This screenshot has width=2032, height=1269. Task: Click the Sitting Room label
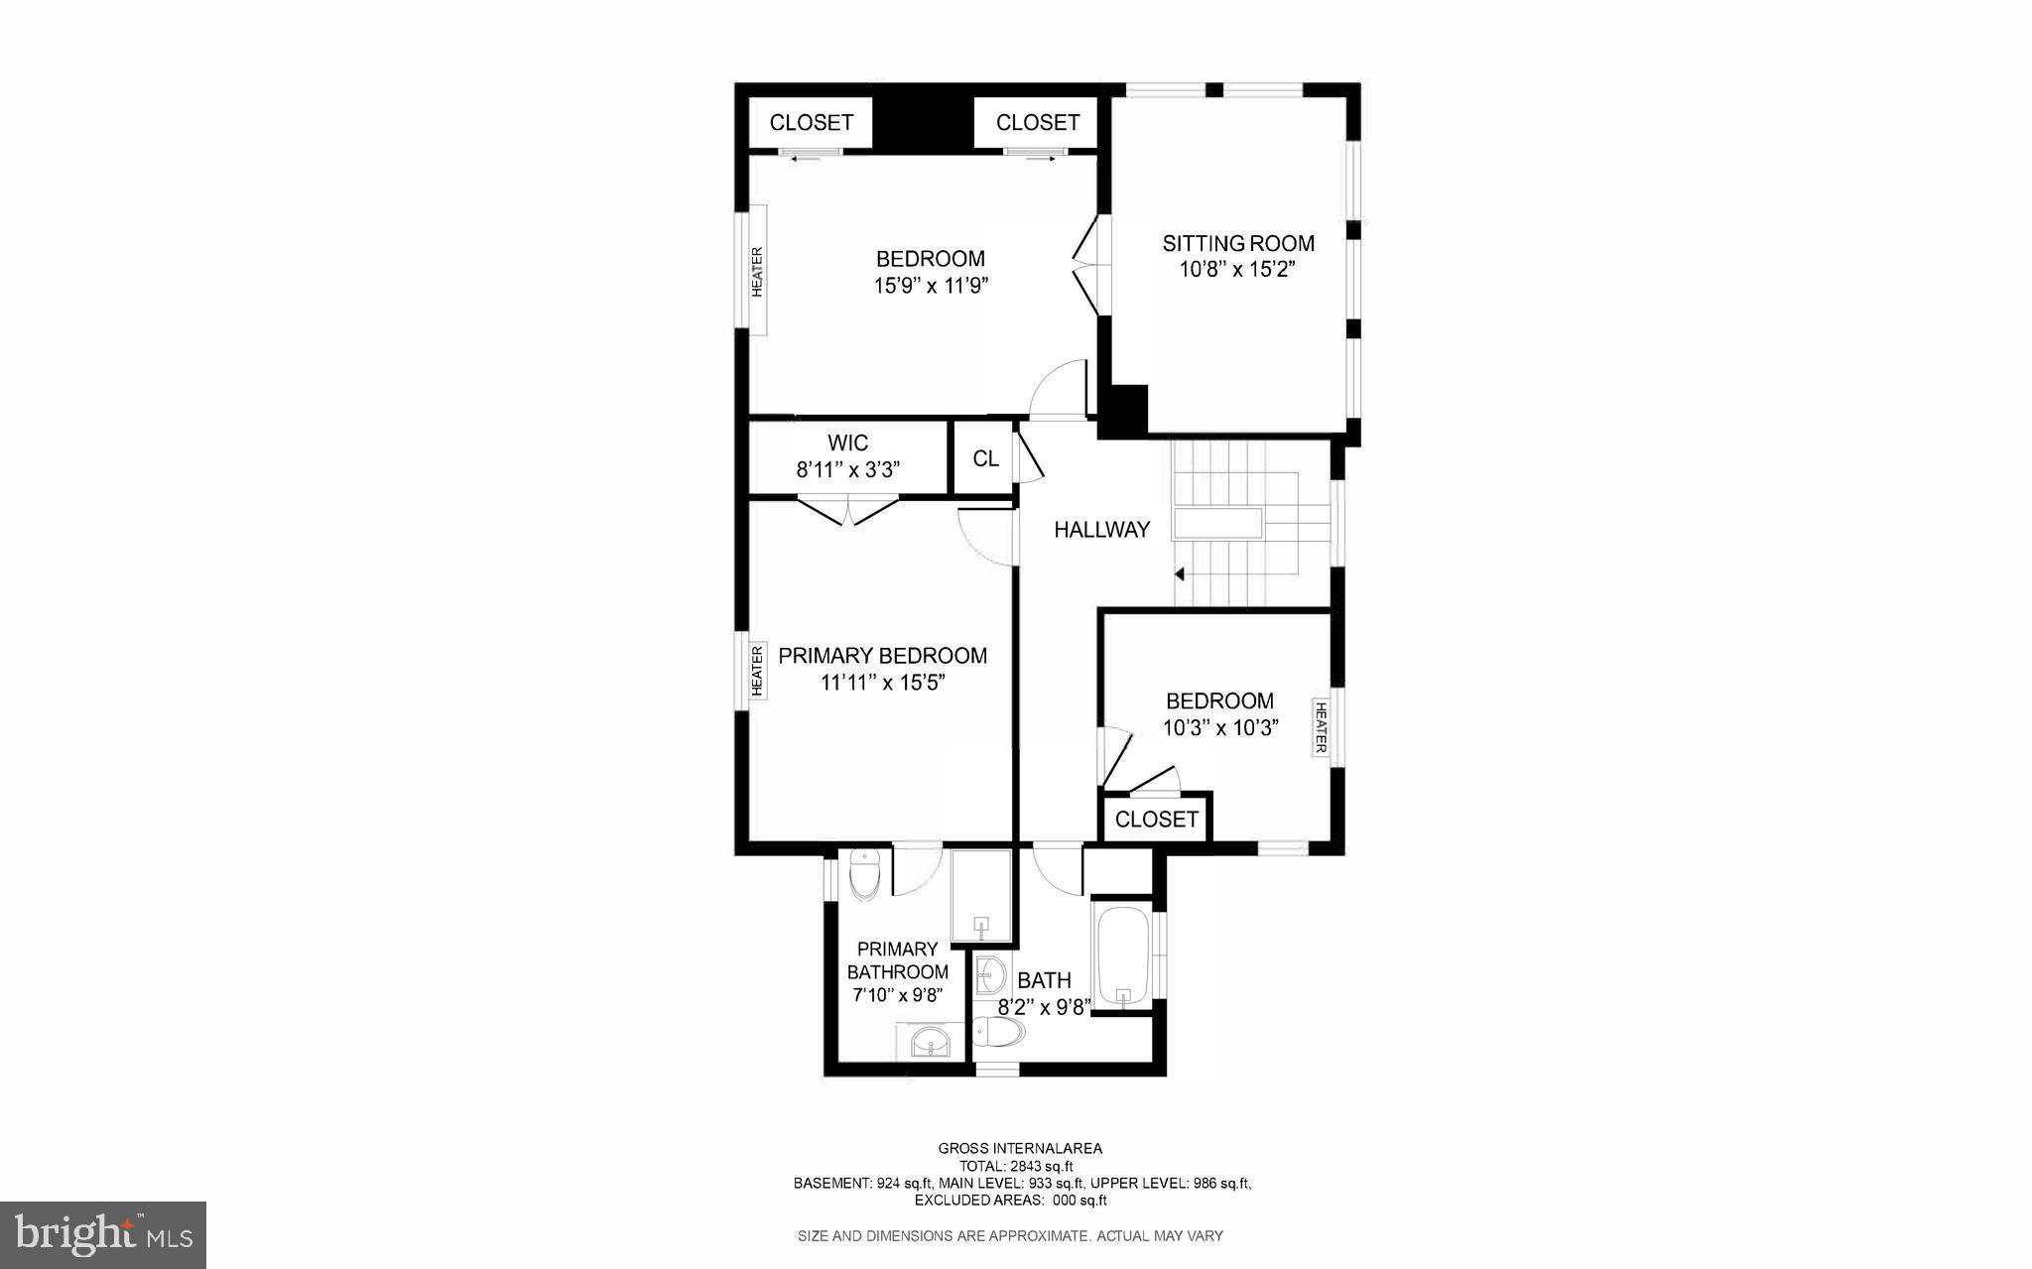[1238, 243]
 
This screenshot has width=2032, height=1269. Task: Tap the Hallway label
[1101, 530]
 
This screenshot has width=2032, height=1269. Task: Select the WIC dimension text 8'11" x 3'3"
[847, 469]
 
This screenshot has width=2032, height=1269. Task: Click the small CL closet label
[985, 458]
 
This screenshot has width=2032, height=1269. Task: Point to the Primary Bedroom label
[882, 656]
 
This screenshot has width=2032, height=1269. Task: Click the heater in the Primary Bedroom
[758, 672]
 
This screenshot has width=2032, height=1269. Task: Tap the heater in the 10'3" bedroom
[1321, 727]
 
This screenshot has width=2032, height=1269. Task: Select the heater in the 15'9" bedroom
[757, 271]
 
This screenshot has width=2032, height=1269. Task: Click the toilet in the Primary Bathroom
[866, 874]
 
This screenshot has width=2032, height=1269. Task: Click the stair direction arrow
[1179, 573]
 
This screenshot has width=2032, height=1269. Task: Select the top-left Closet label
[811, 123]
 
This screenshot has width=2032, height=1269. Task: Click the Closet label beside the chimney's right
[1037, 123]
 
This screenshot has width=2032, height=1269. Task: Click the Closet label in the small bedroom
[1156, 820]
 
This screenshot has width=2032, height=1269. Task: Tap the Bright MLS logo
[103, 1234]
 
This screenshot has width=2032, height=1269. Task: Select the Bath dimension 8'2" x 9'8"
[1044, 1006]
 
